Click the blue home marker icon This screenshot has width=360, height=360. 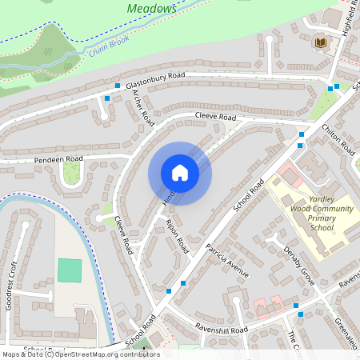[x=180, y=173]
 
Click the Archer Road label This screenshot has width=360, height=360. [x=142, y=106]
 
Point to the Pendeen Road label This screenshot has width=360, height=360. [x=58, y=160]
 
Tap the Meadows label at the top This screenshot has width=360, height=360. [x=153, y=8]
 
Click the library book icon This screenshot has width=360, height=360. [x=321, y=42]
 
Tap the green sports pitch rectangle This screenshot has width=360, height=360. [x=70, y=270]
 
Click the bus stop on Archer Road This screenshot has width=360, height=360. [x=107, y=98]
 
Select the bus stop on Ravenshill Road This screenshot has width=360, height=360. [x=296, y=306]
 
